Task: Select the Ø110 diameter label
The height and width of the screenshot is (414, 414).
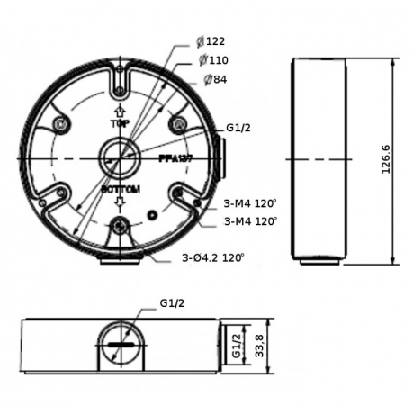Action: tap(214, 60)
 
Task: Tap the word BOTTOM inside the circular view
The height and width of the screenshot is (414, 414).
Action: tap(119, 191)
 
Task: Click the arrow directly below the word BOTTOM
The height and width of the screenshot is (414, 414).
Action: tap(119, 205)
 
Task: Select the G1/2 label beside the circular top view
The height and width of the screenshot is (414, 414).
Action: tap(238, 128)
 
